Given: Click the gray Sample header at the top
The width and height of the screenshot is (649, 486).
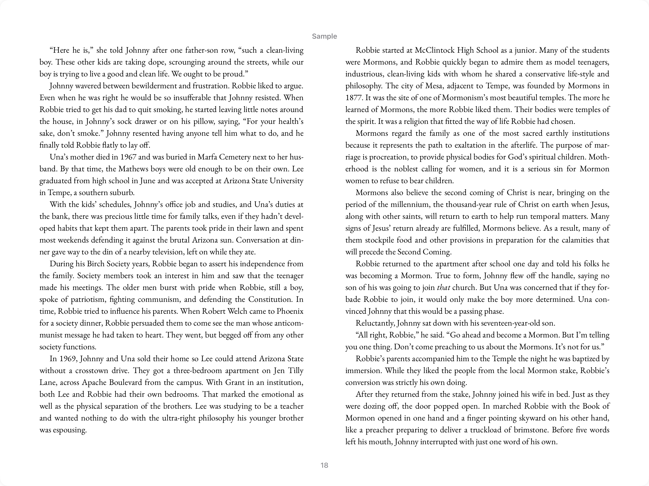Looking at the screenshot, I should point(324,36).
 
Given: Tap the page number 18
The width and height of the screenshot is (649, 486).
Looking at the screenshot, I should point(324,465).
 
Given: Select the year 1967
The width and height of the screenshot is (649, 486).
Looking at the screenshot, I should point(128,157).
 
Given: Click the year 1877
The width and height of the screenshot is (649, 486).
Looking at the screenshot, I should point(354,98).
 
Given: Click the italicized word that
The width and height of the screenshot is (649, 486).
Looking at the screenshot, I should point(443,288).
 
